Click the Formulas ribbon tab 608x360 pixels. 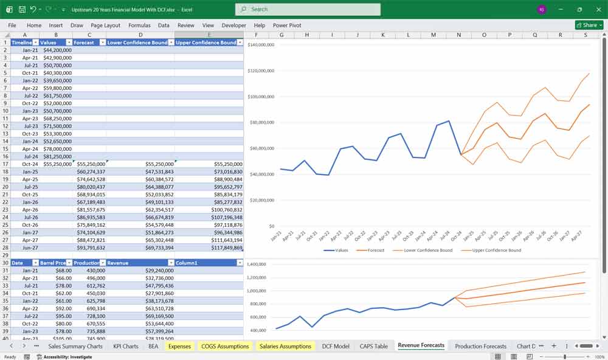[x=139, y=26]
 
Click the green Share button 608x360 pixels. [x=589, y=25]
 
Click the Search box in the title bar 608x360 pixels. [x=308, y=9]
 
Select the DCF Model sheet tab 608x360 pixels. [x=336, y=346]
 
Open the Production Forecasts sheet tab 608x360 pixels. [x=480, y=346]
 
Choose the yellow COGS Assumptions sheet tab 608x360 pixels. [x=224, y=346]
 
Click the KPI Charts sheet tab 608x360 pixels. [x=125, y=346]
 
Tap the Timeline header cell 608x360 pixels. [x=21, y=43]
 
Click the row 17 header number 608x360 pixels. [x=5, y=164]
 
